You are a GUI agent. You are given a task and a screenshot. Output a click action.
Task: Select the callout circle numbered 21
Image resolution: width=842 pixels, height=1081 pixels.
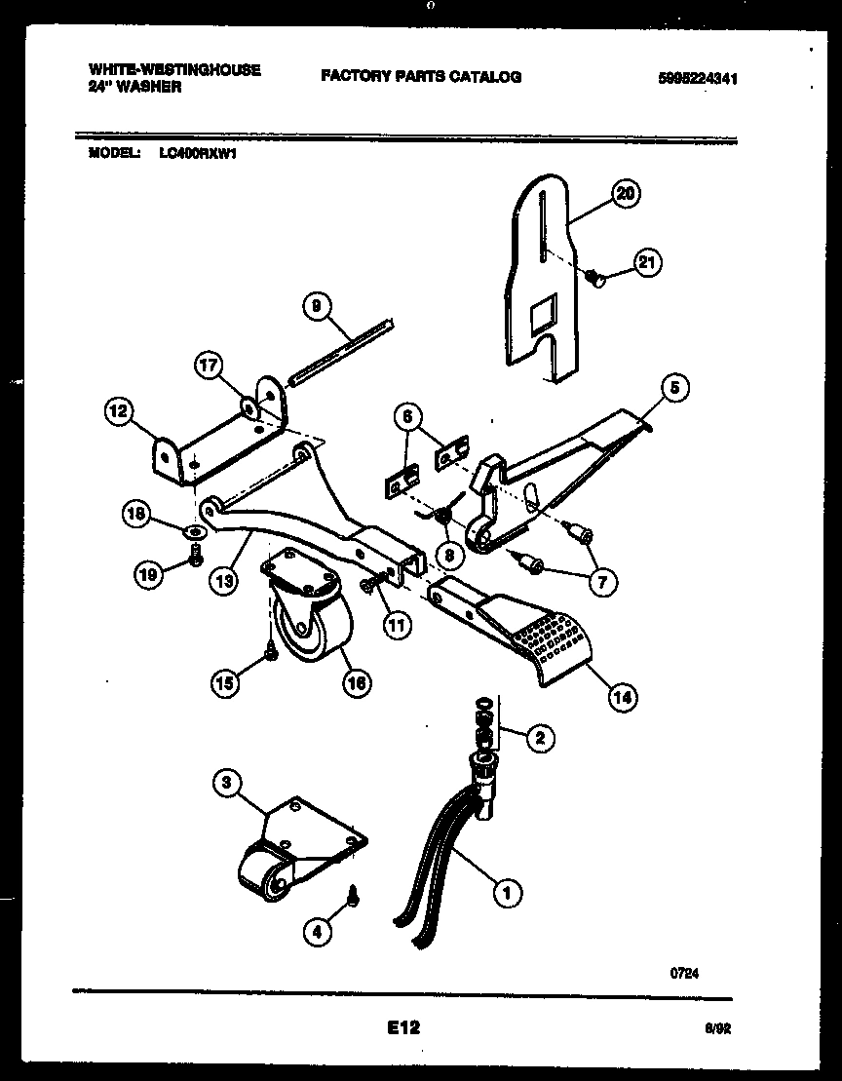[647, 261]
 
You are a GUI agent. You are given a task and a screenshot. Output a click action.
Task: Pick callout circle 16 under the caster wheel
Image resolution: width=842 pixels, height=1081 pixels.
[357, 684]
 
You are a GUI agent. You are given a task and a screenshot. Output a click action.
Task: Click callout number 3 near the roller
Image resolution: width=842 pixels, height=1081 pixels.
[225, 782]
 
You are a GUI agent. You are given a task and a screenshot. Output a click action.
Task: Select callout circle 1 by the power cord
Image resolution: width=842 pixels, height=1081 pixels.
[506, 889]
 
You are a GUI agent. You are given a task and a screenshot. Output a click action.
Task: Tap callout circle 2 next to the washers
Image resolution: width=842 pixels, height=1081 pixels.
[537, 738]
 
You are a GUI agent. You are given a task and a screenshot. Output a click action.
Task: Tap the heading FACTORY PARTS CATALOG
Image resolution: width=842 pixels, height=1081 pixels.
[420, 77]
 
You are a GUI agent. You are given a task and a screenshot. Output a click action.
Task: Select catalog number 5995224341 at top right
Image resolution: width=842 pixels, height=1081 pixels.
[697, 80]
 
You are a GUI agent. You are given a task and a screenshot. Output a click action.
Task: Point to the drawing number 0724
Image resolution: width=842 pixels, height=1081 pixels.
[686, 972]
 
